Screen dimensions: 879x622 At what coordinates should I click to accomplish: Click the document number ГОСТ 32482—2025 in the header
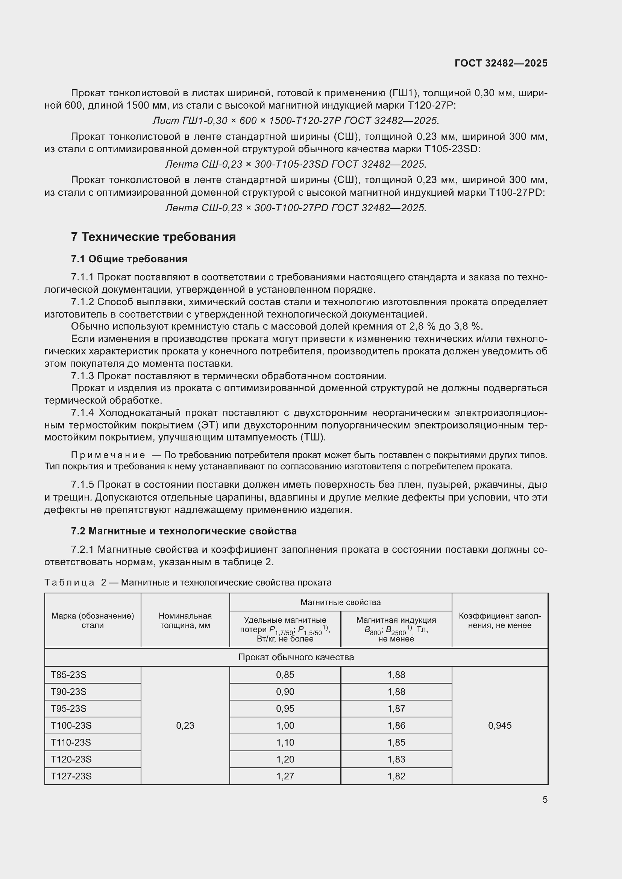pos(501,63)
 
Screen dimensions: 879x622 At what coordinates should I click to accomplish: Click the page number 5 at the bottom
pos(545,799)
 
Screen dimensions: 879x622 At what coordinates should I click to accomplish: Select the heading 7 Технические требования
pos(153,237)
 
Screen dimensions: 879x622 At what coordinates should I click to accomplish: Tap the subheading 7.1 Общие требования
pos(129,259)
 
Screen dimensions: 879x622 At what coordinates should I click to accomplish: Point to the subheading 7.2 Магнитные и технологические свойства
pos(184,531)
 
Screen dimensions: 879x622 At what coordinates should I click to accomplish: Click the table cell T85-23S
pos(68,675)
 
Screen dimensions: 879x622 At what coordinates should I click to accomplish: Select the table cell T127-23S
pos(71,776)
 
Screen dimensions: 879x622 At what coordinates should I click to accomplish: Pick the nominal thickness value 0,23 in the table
pos(185,725)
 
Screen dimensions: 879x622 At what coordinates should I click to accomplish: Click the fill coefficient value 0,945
pos(499,725)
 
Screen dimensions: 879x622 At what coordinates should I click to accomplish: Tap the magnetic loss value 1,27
pos(285,776)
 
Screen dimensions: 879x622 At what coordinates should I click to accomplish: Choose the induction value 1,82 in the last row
pos(396,776)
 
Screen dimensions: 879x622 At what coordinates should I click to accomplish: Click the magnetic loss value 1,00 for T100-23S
pos(285,725)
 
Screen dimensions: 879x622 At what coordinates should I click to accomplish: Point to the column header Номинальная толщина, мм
pos(185,620)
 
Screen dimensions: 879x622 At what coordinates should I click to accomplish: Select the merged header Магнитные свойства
pos(340,602)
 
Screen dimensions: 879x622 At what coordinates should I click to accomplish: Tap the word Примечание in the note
pos(108,455)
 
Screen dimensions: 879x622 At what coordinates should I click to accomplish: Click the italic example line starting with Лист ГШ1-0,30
pos(295,121)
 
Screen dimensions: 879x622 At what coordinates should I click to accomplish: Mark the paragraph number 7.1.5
pos(82,485)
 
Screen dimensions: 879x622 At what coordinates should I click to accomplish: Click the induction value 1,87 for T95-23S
pos(396,709)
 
